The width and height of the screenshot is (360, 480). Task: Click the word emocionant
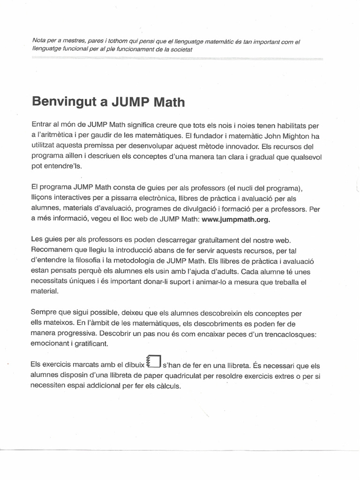click(51, 344)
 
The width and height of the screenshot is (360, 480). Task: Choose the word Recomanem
click(51, 250)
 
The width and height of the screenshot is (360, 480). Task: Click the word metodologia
click(145, 261)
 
